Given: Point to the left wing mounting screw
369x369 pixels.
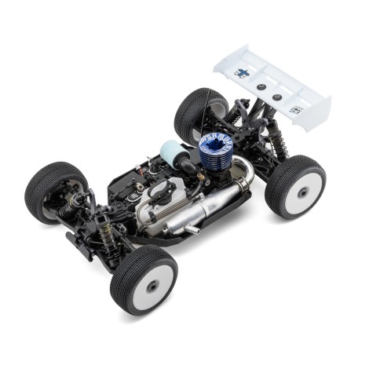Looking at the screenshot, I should (x=262, y=88).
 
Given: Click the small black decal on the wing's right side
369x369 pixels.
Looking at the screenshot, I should (x=297, y=111).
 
